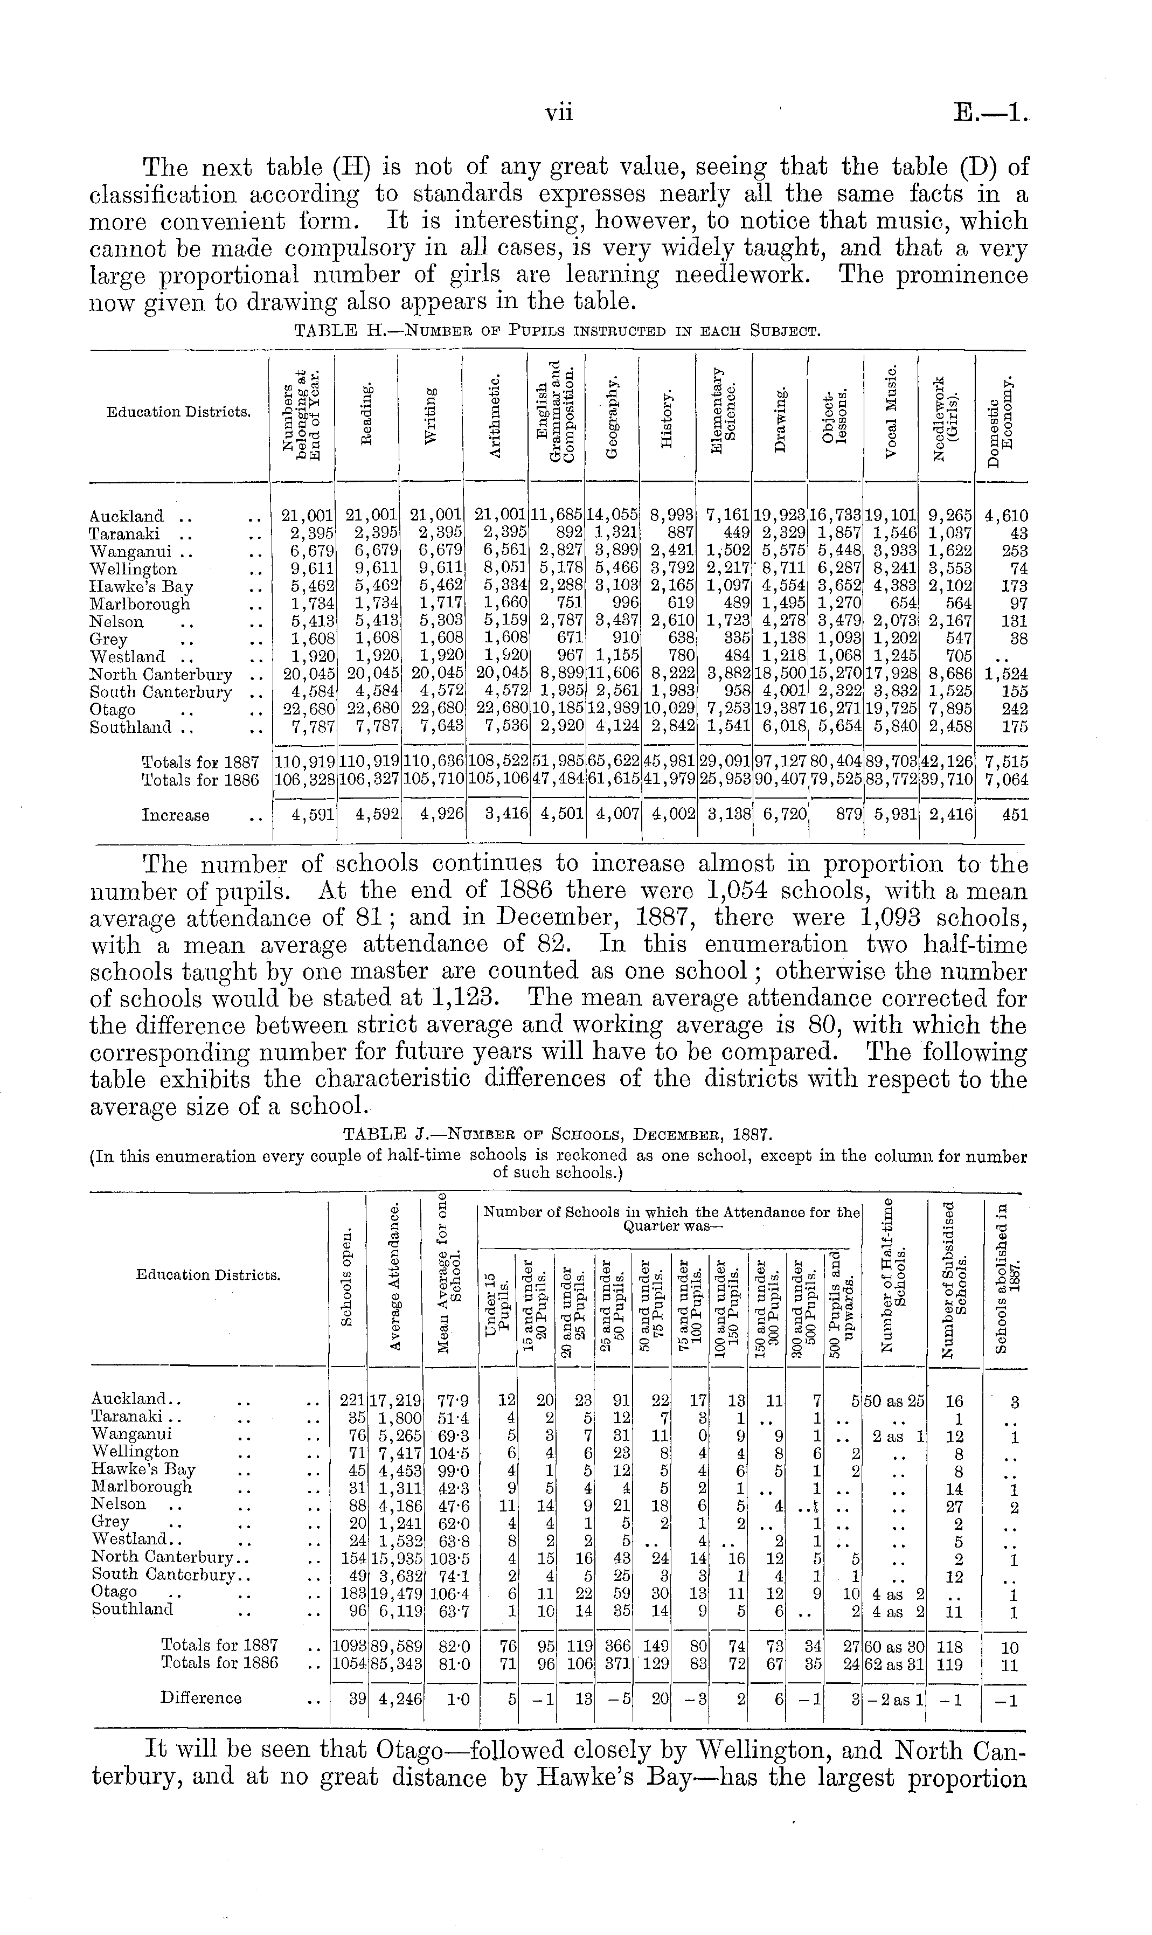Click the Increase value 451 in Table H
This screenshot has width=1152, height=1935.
1012,815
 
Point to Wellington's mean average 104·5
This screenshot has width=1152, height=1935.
450,1452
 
